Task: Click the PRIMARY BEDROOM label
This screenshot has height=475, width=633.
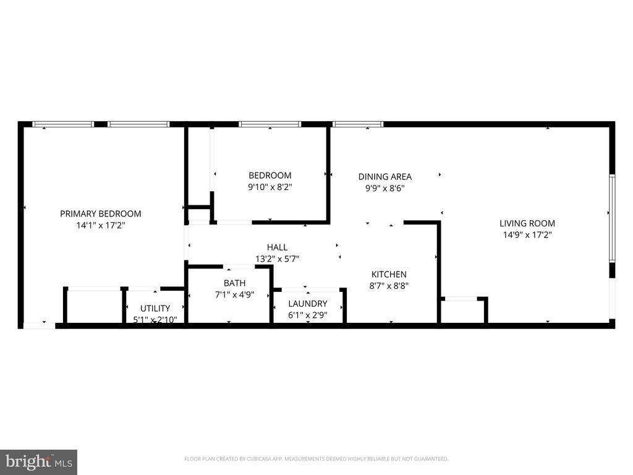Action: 101,213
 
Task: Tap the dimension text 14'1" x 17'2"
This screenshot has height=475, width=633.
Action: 101,225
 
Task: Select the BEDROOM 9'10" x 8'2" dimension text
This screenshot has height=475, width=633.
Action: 270,187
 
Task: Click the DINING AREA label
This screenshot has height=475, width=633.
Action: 384,176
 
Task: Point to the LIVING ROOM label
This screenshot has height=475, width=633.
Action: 527,223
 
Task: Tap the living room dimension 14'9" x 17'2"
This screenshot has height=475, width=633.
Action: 527,234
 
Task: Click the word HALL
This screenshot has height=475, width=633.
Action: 277,247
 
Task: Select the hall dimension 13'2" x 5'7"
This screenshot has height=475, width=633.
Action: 277,259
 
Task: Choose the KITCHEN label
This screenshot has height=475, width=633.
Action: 389,274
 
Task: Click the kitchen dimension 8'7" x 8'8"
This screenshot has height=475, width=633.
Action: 389,286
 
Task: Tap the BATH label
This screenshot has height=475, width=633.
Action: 234,283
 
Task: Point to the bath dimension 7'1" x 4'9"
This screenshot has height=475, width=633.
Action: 234,294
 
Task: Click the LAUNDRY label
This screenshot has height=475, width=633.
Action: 308,303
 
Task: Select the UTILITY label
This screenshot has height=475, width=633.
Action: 155,308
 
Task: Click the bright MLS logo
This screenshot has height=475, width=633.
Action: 39,462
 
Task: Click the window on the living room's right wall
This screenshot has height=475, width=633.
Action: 612,218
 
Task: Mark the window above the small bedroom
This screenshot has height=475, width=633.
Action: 270,124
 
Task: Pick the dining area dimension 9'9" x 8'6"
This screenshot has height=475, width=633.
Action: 384,188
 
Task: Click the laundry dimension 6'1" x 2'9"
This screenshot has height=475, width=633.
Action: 308,315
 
